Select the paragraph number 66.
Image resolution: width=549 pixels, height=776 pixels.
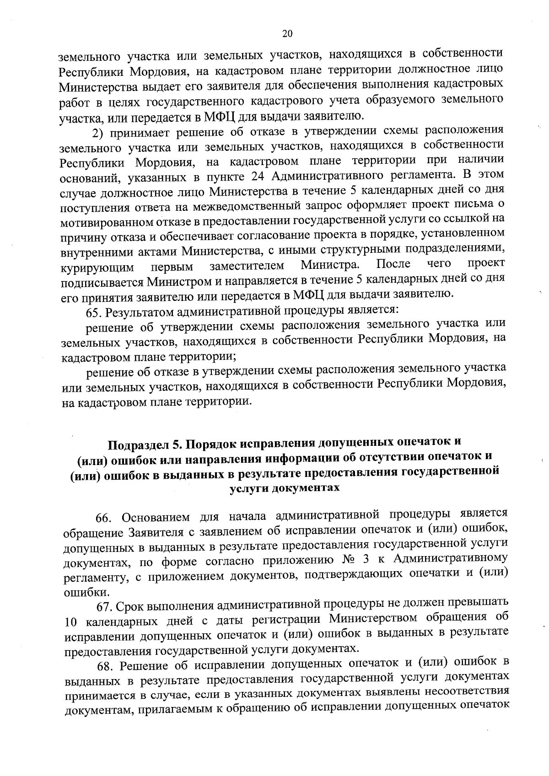104,518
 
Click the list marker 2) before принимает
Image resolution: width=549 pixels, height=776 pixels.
98,133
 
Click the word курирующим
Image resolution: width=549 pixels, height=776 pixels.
97,267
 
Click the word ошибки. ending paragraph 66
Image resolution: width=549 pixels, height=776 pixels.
80,593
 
